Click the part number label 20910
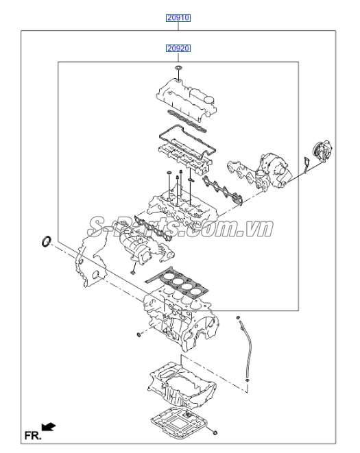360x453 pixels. coord(178,19)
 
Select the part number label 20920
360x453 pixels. coord(178,49)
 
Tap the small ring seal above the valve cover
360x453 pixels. coord(178,70)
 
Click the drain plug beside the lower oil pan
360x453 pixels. coord(216,433)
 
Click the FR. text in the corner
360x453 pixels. coord(32,434)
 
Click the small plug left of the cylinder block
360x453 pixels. coord(139,334)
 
